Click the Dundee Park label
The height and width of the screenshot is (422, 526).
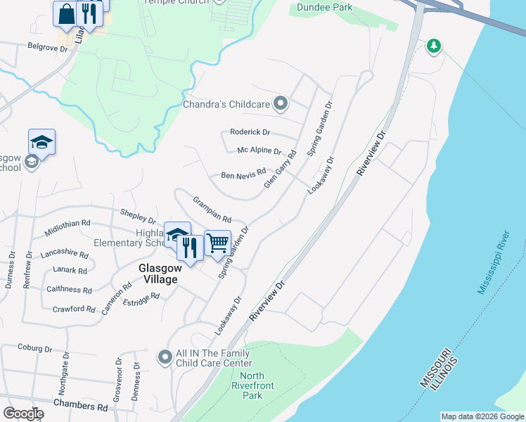[x=323, y=7]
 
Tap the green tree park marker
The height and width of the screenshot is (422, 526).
[x=435, y=46]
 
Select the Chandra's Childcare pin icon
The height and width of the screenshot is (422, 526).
[x=281, y=104]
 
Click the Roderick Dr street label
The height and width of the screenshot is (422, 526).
[x=250, y=132]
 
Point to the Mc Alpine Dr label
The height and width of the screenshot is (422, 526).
[x=259, y=151]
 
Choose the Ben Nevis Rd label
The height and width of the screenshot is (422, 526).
[x=243, y=174]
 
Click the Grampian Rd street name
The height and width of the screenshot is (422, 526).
[x=212, y=209]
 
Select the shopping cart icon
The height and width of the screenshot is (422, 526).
[x=218, y=243]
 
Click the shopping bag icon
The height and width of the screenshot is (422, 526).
[x=66, y=13]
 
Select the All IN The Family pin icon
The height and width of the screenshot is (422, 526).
[x=165, y=358]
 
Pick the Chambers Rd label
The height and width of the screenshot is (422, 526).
[x=82, y=407]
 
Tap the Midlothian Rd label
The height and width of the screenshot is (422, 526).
[x=68, y=222]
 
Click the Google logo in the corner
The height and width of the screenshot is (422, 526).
[x=23, y=414]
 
